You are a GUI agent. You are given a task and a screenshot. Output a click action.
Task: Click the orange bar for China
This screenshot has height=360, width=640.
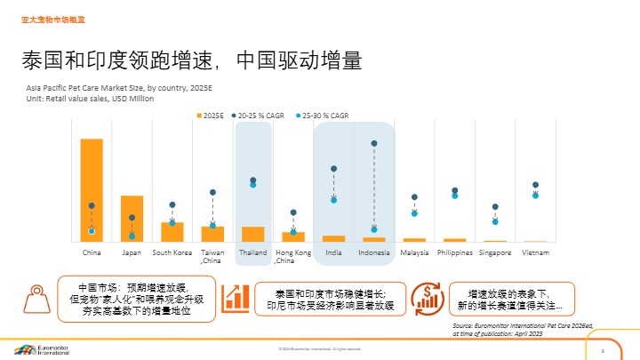tap(92, 190)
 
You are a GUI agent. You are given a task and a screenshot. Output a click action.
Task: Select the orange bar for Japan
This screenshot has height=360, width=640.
tap(132, 219)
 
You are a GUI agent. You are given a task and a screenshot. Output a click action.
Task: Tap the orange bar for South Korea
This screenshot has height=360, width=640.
tap(172, 232)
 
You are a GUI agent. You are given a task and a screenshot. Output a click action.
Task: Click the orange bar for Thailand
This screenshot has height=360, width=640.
tap(252, 234)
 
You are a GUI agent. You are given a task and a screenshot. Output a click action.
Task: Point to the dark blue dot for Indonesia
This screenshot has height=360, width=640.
tap(374, 143)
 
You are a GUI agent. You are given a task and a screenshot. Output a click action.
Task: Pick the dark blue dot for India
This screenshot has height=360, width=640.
tap(333, 168)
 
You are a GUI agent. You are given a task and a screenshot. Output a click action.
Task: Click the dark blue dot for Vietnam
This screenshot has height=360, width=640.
tap(535, 185)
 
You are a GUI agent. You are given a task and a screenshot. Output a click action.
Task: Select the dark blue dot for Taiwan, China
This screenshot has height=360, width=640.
tap(212, 192)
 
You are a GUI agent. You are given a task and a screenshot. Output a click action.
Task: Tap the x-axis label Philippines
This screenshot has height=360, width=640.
tap(454, 253)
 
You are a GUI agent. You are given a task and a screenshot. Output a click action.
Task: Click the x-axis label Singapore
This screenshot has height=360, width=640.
tap(495, 253)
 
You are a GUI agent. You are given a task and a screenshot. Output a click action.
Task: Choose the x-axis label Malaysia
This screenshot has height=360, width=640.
tap(414, 253)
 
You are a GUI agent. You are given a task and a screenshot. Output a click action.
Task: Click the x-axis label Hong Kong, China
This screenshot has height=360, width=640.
tap(292, 257)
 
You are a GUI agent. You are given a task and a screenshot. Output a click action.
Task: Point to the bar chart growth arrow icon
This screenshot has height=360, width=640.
tap(236, 298)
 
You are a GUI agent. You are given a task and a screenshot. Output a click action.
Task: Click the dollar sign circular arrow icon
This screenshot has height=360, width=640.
tap(429, 298)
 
